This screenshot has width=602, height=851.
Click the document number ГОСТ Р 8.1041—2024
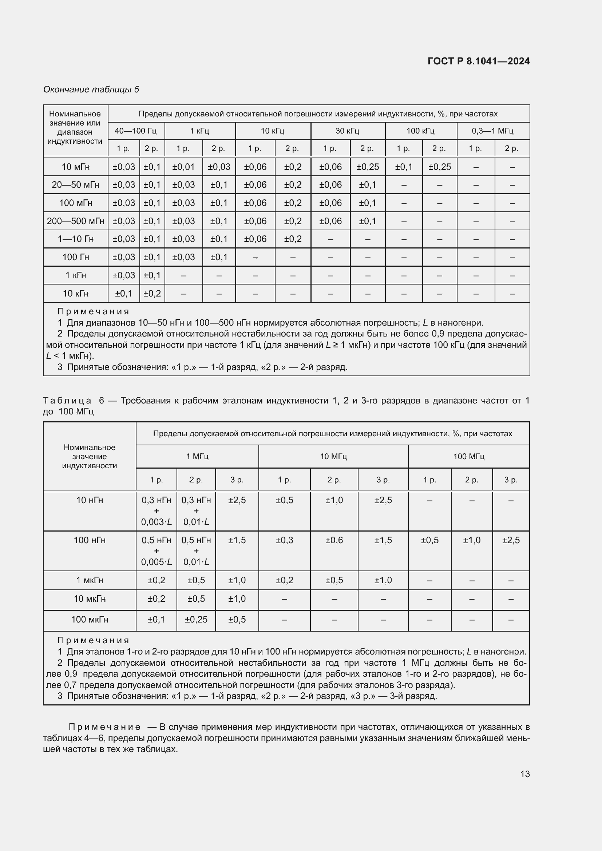pos(479,61)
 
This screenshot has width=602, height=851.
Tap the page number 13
pos(525,774)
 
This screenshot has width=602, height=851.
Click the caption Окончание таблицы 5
pos(91,90)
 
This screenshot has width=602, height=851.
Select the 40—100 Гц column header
pos(136,131)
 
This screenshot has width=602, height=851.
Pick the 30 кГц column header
pos(347,131)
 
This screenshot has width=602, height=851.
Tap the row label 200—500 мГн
pos(75,221)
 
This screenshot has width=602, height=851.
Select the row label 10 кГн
pos(75,294)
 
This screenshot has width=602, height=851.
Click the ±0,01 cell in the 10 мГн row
pos(183,167)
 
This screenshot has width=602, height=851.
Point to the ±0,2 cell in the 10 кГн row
pos(152,294)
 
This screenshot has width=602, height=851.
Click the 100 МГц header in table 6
pos(468,456)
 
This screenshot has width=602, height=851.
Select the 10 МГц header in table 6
pos(333,456)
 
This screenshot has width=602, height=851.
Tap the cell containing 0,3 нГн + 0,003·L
pos(157,511)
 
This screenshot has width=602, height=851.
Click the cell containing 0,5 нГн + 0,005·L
pos(157,551)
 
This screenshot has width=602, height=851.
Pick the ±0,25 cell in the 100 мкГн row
pos(196,619)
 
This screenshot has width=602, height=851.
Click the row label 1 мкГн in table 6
pos(89,580)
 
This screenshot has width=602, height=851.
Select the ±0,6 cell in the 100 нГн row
pos(334,540)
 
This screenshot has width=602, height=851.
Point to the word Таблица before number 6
pos(67,400)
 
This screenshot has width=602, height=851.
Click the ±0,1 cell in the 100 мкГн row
pos(157,619)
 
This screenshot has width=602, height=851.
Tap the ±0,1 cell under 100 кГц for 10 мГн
pos(404,167)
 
